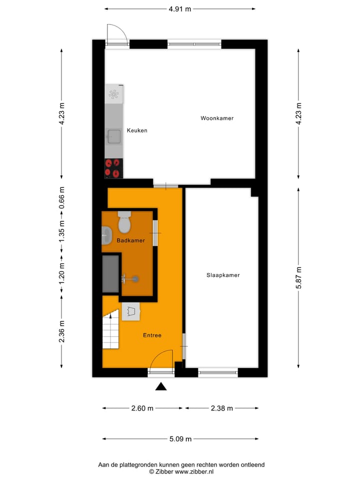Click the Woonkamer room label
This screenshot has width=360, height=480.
(x=217, y=118)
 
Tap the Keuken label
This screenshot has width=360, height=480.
(x=137, y=130)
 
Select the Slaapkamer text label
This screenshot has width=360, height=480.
(x=223, y=275)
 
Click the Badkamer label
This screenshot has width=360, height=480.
(x=130, y=240)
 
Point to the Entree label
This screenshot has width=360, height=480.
(x=152, y=335)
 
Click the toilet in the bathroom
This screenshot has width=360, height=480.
(x=124, y=222)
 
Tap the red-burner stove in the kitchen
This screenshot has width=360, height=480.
(x=113, y=168)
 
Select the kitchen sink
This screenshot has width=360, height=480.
(x=113, y=135)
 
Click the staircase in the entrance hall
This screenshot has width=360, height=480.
(x=110, y=330)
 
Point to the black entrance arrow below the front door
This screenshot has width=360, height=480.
(x=160, y=386)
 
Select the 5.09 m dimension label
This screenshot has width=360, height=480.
(x=180, y=439)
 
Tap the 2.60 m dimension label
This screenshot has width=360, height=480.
(x=142, y=408)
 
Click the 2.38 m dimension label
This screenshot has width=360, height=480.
(x=222, y=408)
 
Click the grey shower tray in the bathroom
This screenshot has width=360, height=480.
(x=111, y=273)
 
